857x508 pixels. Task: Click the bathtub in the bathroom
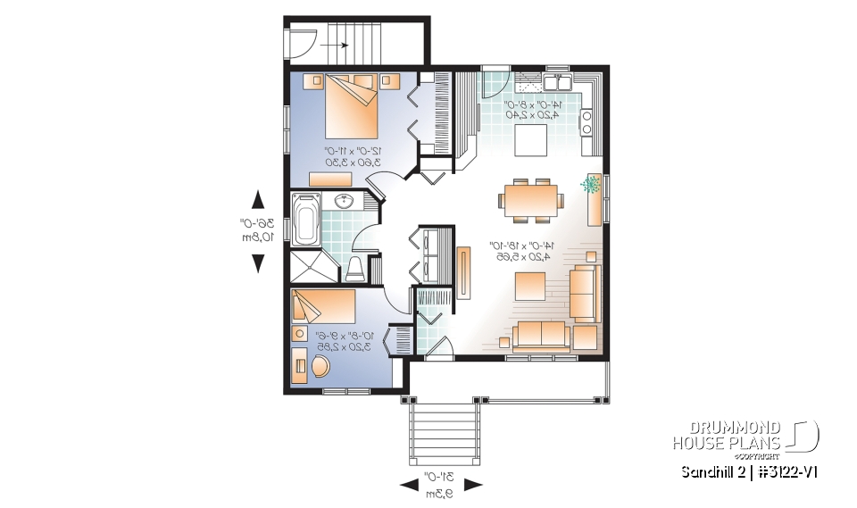click(x=306, y=219)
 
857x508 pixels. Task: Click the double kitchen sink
click(x=560, y=83)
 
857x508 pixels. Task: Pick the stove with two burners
click(x=587, y=121)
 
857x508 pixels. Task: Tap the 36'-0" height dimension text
click(x=256, y=230)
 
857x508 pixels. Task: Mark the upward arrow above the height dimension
click(x=258, y=198)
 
